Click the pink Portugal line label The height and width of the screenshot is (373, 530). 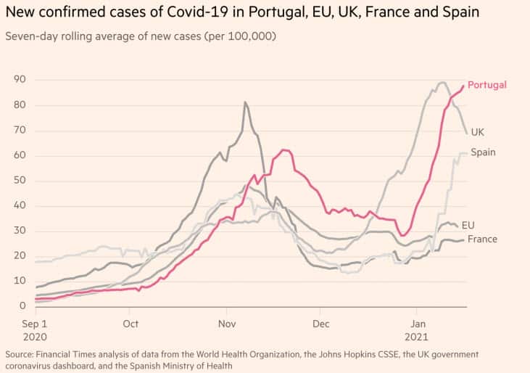click(486, 85)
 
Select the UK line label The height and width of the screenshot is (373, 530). click(478, 132)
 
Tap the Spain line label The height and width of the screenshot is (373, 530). click(484, 152)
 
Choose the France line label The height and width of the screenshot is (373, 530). click(482, 239)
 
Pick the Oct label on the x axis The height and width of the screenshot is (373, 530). click(131, 324)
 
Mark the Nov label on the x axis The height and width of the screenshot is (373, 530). click(227, 324)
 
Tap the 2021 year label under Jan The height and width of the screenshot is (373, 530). click(419, 337)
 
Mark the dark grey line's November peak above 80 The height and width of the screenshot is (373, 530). click(245, 102)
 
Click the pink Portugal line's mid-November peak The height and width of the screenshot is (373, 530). click(283, 149)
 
